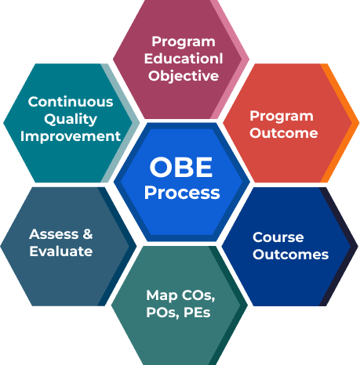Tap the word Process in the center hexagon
(182, 193)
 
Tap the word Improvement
(71, 136)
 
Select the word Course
(278, 237)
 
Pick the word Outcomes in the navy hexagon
(290, 255)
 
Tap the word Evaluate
(60, 251)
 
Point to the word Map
(159, 295)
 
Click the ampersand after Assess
(87, 234)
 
